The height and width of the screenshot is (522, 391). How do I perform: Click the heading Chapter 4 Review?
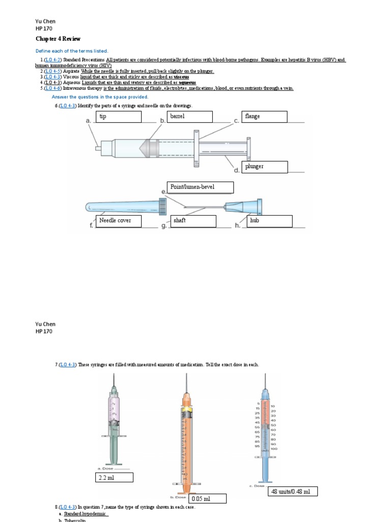[x=58, y=39]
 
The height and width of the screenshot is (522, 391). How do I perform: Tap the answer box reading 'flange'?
[x=265, y=117]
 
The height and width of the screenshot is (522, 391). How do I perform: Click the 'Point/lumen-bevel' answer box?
[x=200, y=187]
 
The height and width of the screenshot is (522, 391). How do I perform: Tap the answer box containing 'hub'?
[x=269, y=221]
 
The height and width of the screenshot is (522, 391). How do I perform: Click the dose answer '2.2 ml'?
[x=114, y=478]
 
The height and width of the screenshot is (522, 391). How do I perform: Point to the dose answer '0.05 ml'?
[x=208, y=499]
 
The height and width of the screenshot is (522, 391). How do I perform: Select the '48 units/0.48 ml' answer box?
[x=293, y=491]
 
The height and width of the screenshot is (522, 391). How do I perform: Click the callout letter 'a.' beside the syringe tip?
[x=89, y=121]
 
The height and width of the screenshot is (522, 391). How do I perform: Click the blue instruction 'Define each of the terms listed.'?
[x=71, y=51]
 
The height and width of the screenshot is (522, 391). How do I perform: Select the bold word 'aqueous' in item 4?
[x=186, y=82]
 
